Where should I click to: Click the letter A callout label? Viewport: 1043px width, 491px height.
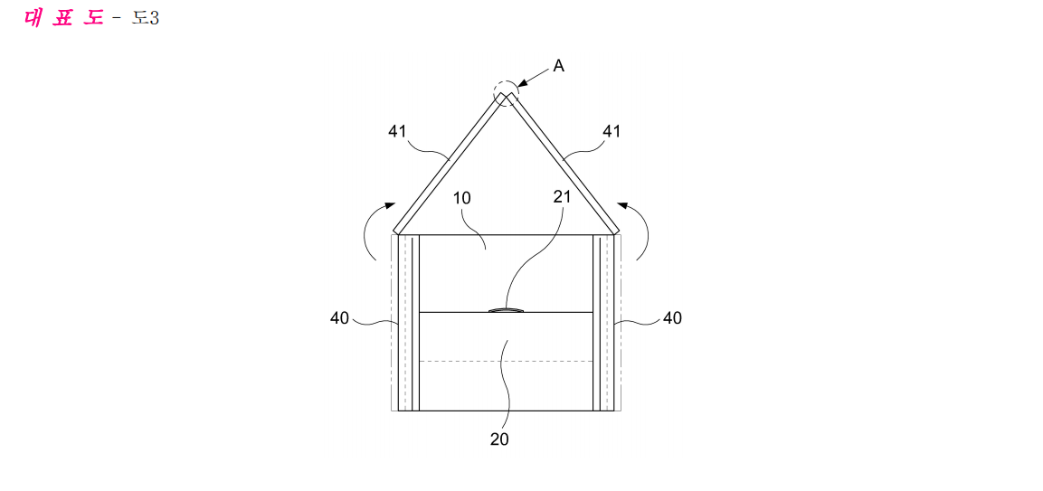pyautogui.click(x=559, y=67)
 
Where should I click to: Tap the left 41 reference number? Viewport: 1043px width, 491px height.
pyautogui.click(x=397, y=132)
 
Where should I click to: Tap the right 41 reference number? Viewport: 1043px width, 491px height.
pyautogui.click(x=611, y=132)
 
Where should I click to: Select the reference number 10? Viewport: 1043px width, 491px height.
pyautogui.click(x=462, y=198)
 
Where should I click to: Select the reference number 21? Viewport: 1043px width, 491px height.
pyautogui.click(x=563, y=196)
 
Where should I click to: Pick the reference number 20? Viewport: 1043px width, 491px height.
pyautogui.click(x=499, y=439)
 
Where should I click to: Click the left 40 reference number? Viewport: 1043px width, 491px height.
pyautogui.click(x=339, y=318)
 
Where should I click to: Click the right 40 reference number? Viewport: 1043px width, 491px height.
pyautogui.click(x=672, y=318)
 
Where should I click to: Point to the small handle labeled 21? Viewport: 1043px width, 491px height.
pyautogui.click(x=507, y=310)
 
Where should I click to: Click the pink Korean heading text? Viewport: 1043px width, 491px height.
pyautogui.click(x=64, y=18)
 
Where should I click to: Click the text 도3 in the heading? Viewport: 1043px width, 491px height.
pyautogui.click(x=145, y=18)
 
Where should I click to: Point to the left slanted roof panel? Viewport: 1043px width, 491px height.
pyautogui.click(x=449, y=163)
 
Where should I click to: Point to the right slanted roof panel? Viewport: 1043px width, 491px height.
pyautogui.click(x=564, y=163)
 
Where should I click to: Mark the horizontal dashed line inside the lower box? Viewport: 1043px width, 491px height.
pyautogui.click(x=507, y=362)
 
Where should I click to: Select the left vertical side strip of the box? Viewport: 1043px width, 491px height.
pyautogui.click(x=408, y=323)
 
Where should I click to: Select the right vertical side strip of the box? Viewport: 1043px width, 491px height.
pyautogui.click(x=603, y=323)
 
